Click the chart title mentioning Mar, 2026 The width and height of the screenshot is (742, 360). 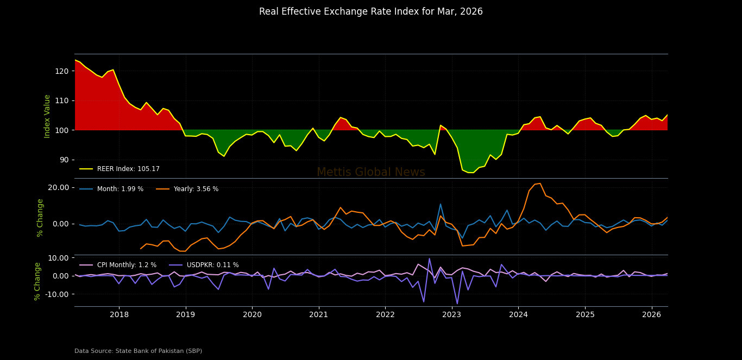tap(370, 12)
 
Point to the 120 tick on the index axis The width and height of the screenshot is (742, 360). tap(62, 71)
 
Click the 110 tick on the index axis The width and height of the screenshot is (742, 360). tap(62, 100)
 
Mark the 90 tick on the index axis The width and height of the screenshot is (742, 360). tap(64, 160)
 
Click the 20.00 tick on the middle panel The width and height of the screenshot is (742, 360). tap(58, 187)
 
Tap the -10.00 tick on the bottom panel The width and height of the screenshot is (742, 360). tap(57, 294)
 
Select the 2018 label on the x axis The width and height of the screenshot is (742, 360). tap(119, 314)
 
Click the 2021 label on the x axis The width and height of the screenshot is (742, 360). tap(319, 314)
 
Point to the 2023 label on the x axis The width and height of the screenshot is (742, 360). tap(452, 314)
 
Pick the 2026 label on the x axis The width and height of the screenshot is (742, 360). tap(652, 314)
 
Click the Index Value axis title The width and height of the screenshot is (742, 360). tap(47, 116)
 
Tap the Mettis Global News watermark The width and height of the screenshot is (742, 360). tap(370, 172)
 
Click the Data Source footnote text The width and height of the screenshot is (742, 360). tap(138, 351)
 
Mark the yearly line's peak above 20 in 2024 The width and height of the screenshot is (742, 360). tap(540, 184)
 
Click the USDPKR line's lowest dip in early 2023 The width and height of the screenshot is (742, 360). tap(457, 304)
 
